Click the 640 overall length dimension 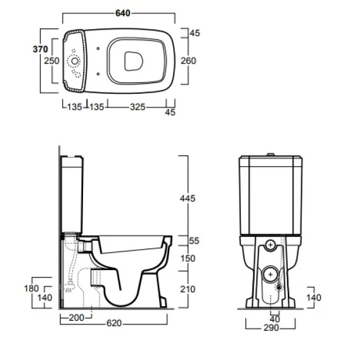tap(122, 13)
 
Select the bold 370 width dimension tap(41, 49)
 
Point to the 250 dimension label tap(52, 61)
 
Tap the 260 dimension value tap(188, 61)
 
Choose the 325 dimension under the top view tap(138, 107)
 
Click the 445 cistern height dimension tap(188, 198)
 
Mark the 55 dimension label tap(194, 241)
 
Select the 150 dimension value tap(188, 259)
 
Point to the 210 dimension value tap(188, 289)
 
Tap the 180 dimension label tap(32, 288)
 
